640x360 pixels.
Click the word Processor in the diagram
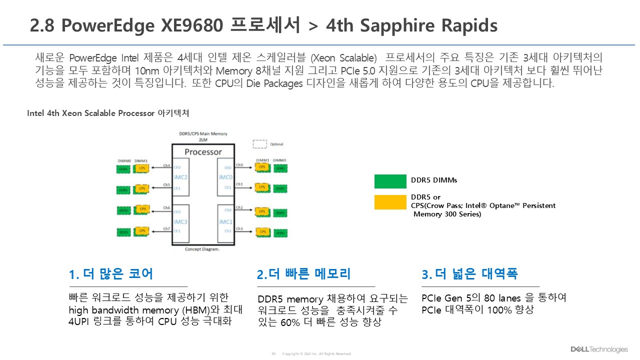pos(203,152)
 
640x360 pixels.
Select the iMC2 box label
pos(181,177)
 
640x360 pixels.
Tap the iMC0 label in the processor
pos(225,177)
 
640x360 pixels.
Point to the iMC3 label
pos(181,221)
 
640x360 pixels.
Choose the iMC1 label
pos(225,221)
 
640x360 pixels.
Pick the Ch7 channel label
pos(167,228)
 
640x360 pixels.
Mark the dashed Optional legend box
pos(259,144)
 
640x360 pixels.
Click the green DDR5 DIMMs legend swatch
pos(390,181)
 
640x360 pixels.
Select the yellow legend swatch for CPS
pos(390,202)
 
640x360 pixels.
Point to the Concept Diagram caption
pos(202,249)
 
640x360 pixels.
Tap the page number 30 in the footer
pos(273,354)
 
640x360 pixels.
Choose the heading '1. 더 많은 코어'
pos(111,274)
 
